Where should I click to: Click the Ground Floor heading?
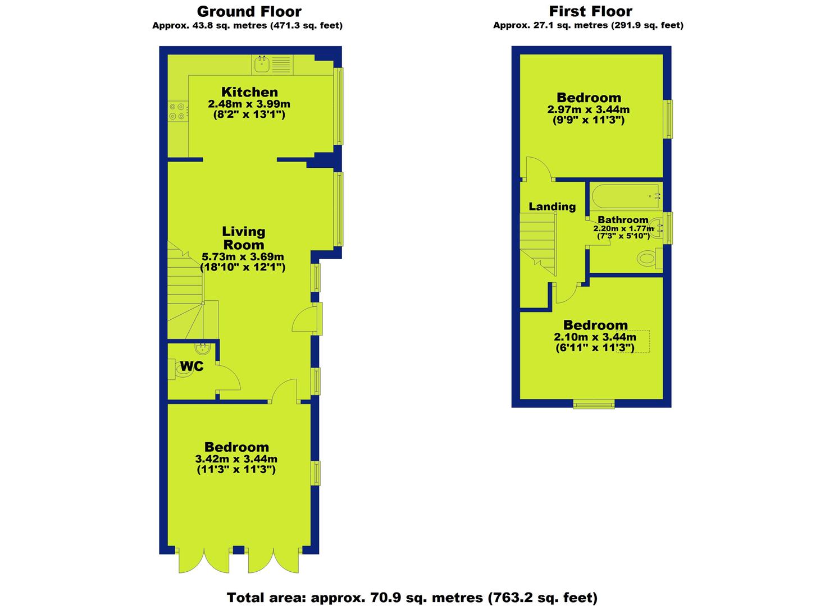(x=249, y=12)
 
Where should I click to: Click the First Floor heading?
(x=590, y=12)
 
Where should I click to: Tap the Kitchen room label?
(x=249, y=92)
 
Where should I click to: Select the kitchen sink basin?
(x=262, y=65)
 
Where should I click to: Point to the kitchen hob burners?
(x=177, y=112)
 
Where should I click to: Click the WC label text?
(x=192, y=366)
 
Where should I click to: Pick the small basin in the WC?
(x=203, y=348)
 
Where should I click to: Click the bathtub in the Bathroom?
(x=626, y=196)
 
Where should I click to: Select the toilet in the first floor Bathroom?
(x=650, y=258)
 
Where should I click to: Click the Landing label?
(x=552, y=206)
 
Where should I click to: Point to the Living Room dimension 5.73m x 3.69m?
(x=243, y=256)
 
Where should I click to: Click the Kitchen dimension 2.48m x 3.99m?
(x=249, y=104)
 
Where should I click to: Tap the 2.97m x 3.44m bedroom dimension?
(x=588, y=109)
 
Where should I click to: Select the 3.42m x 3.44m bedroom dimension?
(x=236, y=458)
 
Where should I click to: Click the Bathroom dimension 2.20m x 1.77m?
(x=623, y=228)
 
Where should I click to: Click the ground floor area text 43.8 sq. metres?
(x=247, y=25)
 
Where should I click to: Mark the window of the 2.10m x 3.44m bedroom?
(x=594, y=404)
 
